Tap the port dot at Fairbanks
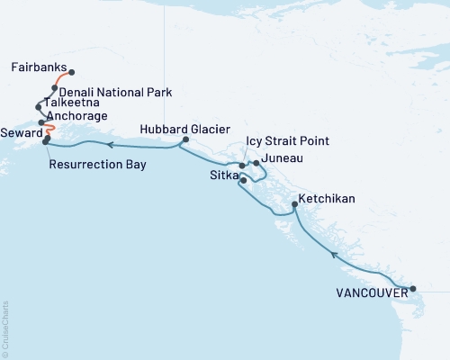(71, 73)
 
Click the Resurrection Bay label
(97, 165)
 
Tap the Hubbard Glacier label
(179, 129)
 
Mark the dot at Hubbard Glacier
(185, 140)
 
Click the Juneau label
(283, 158)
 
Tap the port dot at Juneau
(256, 163)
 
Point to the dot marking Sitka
(243, 181)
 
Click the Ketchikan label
(328, 197)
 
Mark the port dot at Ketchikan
(294, 206)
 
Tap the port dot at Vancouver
(413, 289)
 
